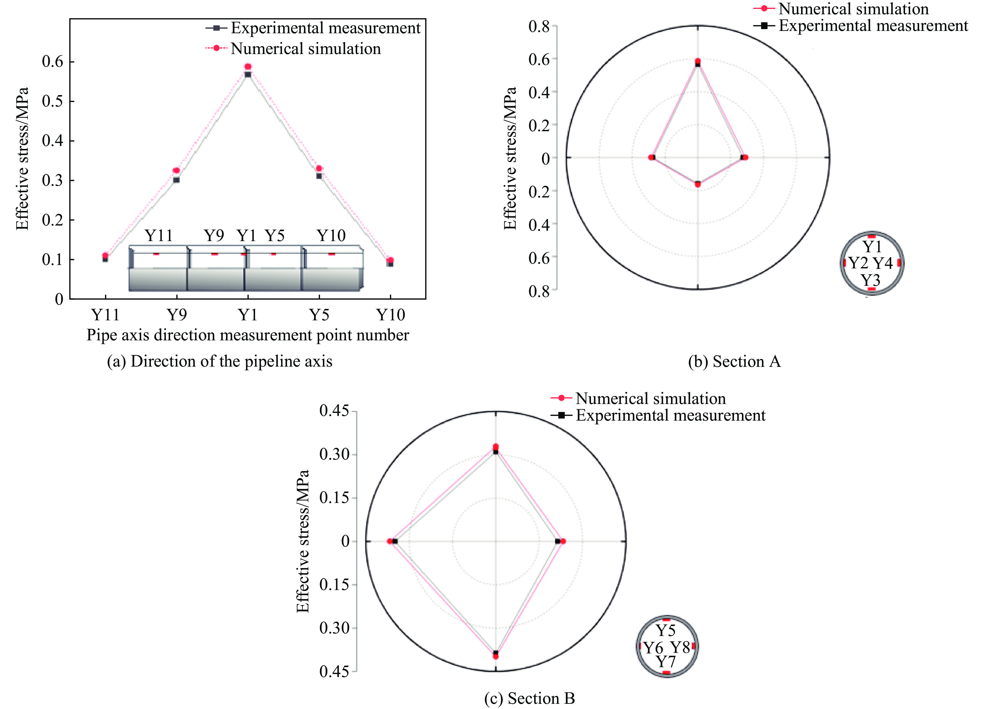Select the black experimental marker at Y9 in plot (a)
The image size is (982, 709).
point(176,180)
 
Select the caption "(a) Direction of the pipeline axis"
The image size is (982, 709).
point(220,361)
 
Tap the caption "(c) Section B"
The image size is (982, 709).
point(529,698)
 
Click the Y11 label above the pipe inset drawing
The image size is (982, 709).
point(158,236)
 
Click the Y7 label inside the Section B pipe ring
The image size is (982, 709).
point(666,661)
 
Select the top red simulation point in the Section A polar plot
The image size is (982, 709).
point(698,61)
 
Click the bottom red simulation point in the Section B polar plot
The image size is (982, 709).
point(496,656)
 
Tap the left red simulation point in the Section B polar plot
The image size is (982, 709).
point(390,541)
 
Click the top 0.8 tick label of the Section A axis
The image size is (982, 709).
point(539,26)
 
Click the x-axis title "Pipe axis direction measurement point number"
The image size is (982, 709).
point(248,335)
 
